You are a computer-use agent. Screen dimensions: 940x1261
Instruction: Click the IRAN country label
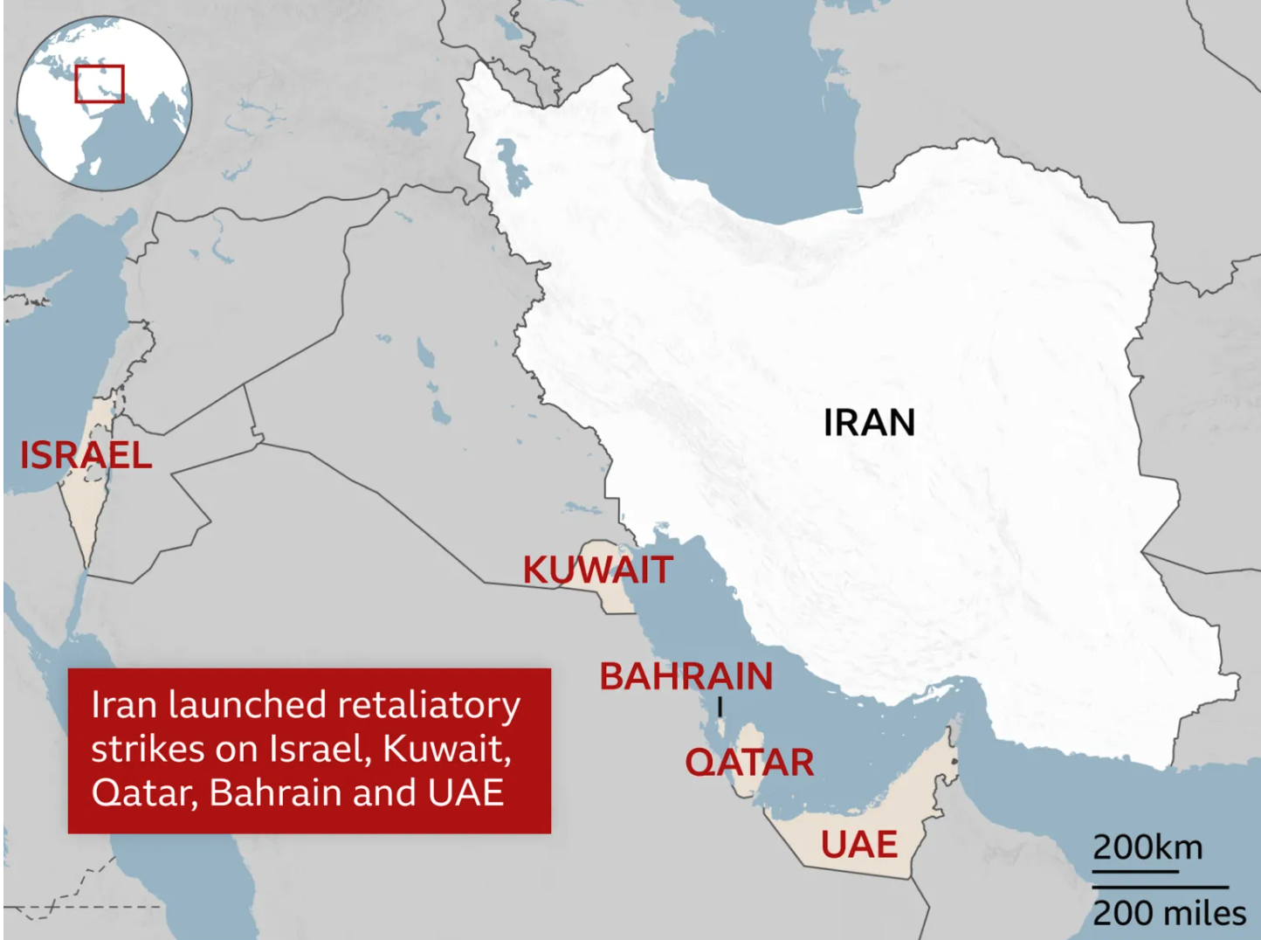click(869, 423)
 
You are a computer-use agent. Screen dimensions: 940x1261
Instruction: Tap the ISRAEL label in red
click(86, 455)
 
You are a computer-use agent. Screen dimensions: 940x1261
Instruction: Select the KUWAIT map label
click(597, 570)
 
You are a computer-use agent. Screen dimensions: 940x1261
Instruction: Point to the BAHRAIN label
click(686, 676)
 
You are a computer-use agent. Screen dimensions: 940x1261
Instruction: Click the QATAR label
click(749, 763)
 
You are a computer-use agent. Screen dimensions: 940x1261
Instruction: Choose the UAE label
click(858, 845)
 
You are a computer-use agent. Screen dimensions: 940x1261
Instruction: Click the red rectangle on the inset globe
click(99, 84)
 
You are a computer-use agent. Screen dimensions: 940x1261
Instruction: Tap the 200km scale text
click(1147, 847)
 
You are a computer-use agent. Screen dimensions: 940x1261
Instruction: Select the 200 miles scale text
click(1169, 914)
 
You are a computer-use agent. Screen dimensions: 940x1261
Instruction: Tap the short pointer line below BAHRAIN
click(720, 706)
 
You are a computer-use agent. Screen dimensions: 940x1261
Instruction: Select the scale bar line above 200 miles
click(1160, 888)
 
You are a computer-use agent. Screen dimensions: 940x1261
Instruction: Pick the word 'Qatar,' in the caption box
click(145, 793)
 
